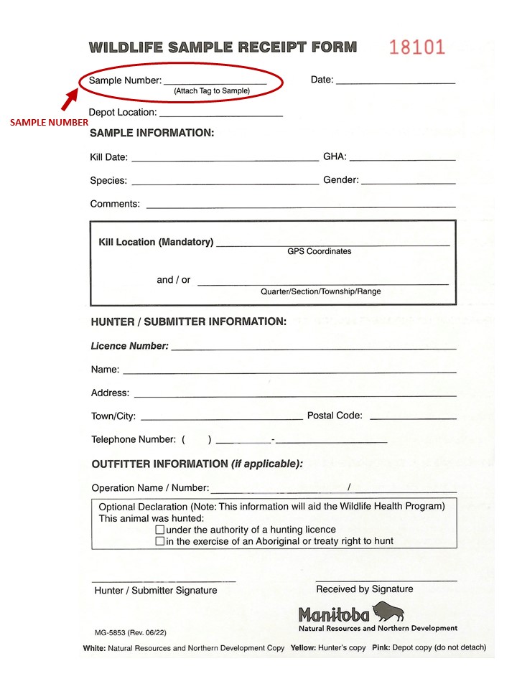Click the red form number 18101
click(417, 47)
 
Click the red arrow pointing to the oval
click(70, 100)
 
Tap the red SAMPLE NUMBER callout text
click(49, 123)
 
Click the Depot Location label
click(122, 113)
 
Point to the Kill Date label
click(109, 158)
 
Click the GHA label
click(334, 156)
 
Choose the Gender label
click(341, 180)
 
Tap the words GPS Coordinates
click(320, 252)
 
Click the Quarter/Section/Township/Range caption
click(320, 291)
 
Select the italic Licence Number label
click(130, 346)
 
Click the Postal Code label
click(335, 416)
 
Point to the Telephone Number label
click(134, 439)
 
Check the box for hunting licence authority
click(160, 530)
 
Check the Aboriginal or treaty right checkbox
click(160, 541)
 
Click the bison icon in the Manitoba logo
click(388, 611)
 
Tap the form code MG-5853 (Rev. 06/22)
click(131, 634)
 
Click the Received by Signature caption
click(365, 589)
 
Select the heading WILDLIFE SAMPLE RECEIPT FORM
click(223, 47)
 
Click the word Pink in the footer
click(381, 647)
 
